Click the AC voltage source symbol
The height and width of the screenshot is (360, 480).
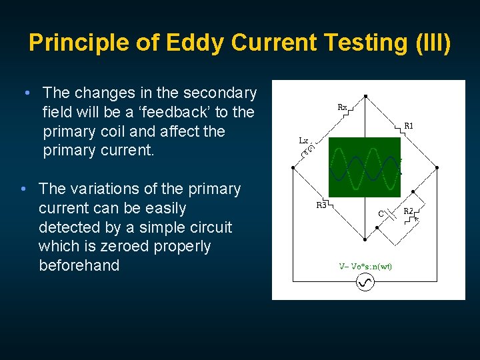tap(365, 283)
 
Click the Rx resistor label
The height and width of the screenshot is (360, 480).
tap(341, 107)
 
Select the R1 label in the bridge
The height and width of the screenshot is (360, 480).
tap(409, 125)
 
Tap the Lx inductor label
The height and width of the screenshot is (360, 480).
tap(303, 141)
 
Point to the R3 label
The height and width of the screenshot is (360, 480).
tap(321, 205)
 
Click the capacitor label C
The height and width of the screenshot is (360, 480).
tap(381, 214)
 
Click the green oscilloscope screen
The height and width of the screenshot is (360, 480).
tap(365, 167)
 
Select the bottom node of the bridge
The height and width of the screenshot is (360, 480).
tap(365, 239)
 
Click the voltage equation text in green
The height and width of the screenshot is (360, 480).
tap(365, 266)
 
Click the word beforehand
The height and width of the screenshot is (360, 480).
tap(79, 265)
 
